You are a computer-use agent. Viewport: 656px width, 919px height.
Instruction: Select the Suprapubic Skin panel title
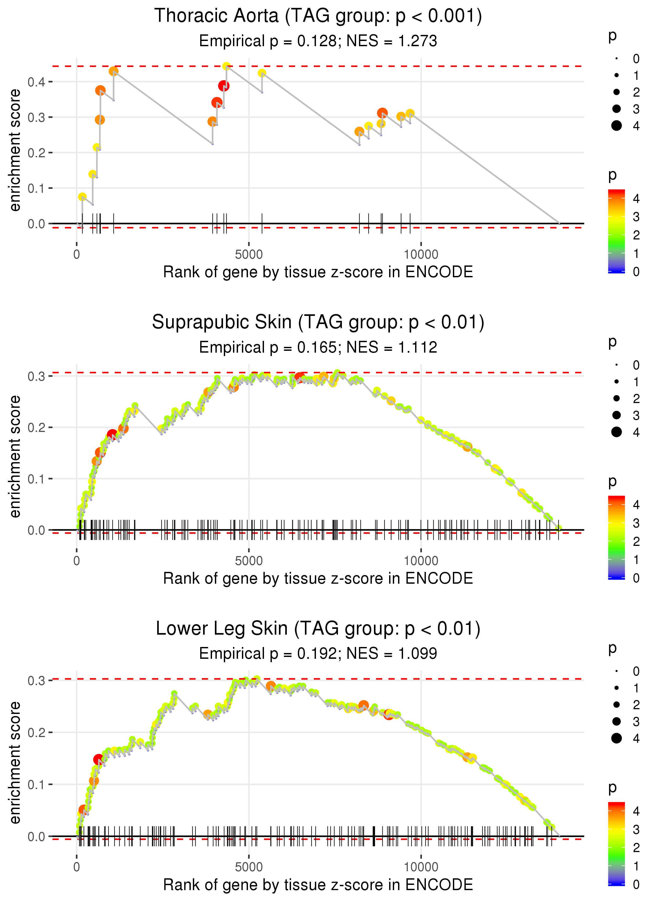[x=318, y=322]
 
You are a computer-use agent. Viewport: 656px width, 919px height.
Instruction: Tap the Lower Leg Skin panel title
[x=318, y=628]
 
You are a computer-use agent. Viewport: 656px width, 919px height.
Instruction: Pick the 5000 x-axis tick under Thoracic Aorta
[x=249, y=255]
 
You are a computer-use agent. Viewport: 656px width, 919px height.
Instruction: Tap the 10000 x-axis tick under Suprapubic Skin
[x=421, y=561]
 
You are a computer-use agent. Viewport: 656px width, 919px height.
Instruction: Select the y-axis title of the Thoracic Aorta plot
[x=15, y=150]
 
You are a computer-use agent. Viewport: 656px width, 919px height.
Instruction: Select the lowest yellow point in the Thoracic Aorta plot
[x=82, y=197]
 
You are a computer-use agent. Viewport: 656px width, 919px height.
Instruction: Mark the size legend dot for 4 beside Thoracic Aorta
[x=616, y=126]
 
